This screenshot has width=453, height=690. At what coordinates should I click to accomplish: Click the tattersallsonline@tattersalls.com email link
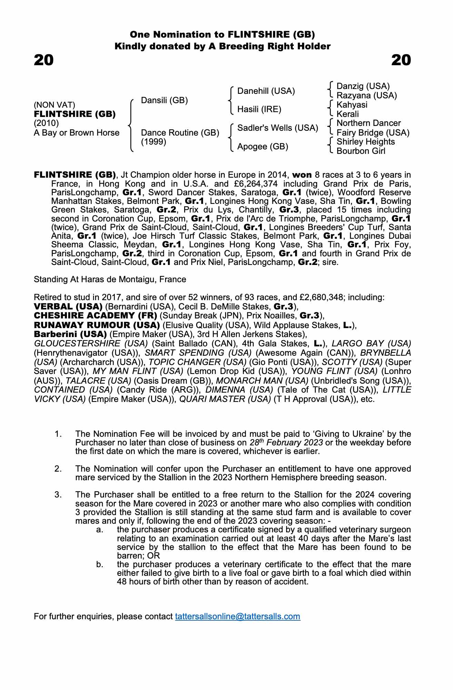click(x=238, y=617)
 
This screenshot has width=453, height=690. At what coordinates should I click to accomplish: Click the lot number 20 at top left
click(x=44, y=60)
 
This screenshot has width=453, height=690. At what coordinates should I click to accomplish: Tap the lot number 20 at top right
click(x=401, y=60)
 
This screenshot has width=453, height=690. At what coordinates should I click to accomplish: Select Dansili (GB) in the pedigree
click(x=164, y=100)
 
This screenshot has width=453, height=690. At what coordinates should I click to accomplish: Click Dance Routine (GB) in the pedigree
click(x=180, y=133)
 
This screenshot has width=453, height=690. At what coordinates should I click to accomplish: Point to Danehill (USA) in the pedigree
click(x=266, y=91)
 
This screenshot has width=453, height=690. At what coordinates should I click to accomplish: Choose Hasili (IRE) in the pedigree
click(x=259, y=109)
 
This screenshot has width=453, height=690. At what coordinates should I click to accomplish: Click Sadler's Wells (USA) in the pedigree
click(x=278, y=128)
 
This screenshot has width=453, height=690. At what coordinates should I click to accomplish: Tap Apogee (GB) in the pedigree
click(x=263, y=147)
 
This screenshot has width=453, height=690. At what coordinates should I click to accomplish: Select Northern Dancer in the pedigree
click(x=369, y=123)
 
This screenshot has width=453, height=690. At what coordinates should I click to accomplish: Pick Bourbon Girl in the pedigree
click(x=361, y=151)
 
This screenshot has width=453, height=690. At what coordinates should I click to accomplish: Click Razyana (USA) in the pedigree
click(x=367, y=96)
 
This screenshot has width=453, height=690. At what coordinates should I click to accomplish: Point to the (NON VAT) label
click(x=54, y=105)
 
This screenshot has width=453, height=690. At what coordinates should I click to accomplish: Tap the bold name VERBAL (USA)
click(x=68, y=307)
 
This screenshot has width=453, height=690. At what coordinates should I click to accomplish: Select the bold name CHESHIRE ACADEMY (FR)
click(x=95, y=316)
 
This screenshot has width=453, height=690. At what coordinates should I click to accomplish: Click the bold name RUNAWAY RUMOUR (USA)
click(x=97, y=325)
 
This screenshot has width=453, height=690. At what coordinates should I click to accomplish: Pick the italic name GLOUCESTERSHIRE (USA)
click(x=91, y=344)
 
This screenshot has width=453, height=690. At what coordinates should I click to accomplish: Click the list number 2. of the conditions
click(x=58, y=469)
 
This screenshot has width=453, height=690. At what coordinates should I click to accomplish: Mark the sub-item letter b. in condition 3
click(x=100, y=564)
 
